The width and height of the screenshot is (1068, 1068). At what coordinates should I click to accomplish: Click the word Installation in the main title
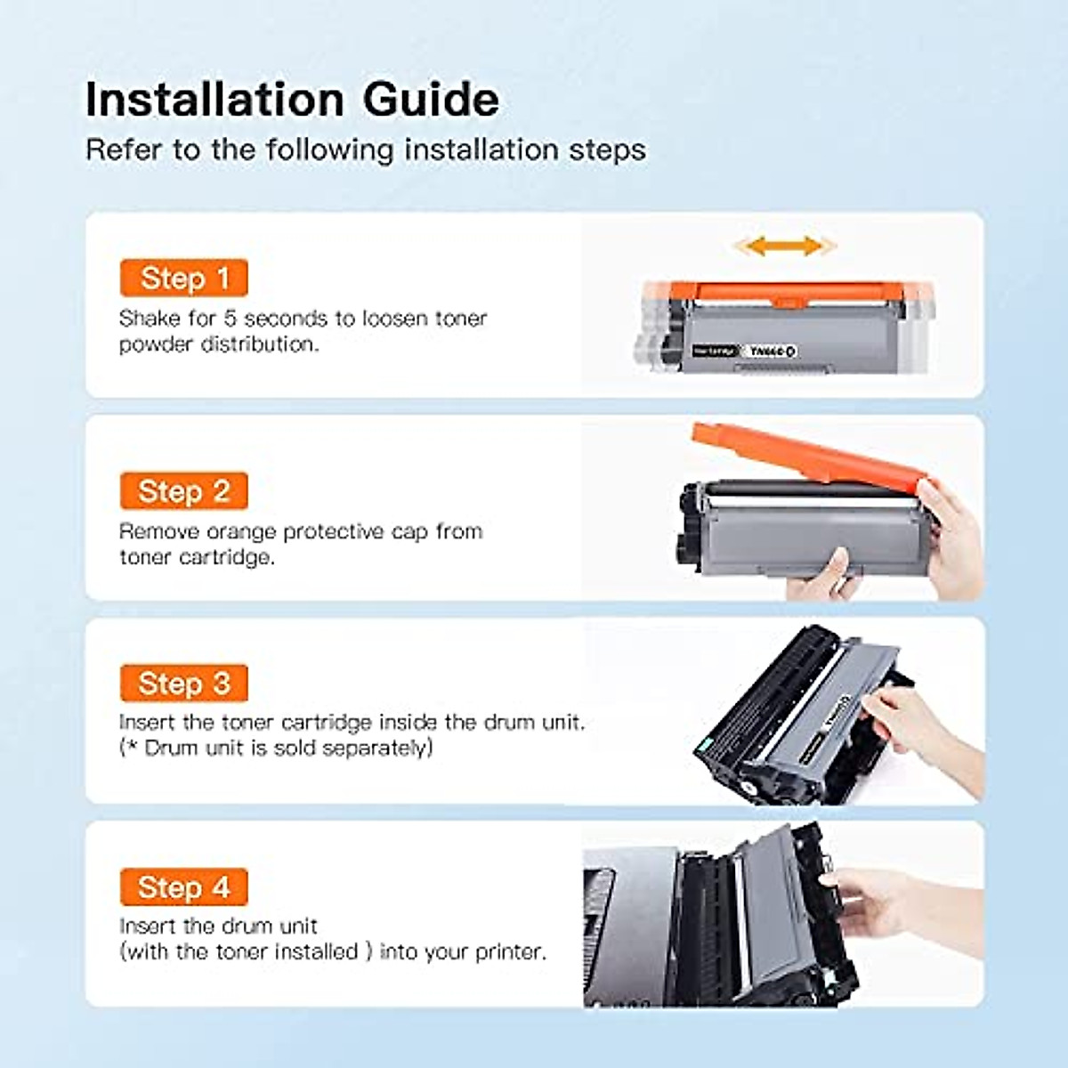(x=214, y=99)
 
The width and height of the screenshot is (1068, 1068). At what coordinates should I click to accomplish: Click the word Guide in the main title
(x=431, y=99)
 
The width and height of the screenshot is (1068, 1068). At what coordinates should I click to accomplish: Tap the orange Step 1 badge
(x=184, y=279)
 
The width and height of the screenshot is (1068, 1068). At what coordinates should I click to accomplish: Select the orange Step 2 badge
(x=184, y=491)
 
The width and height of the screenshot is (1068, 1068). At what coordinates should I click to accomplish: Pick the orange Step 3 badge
(x=184, y=684)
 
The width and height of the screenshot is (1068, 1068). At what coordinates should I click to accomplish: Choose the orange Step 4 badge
(x=184, y=887)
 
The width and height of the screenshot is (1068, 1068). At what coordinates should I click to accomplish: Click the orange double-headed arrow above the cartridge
(x=783, y=246)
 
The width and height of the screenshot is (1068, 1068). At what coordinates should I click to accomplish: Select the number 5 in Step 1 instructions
(x=230, y=319)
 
